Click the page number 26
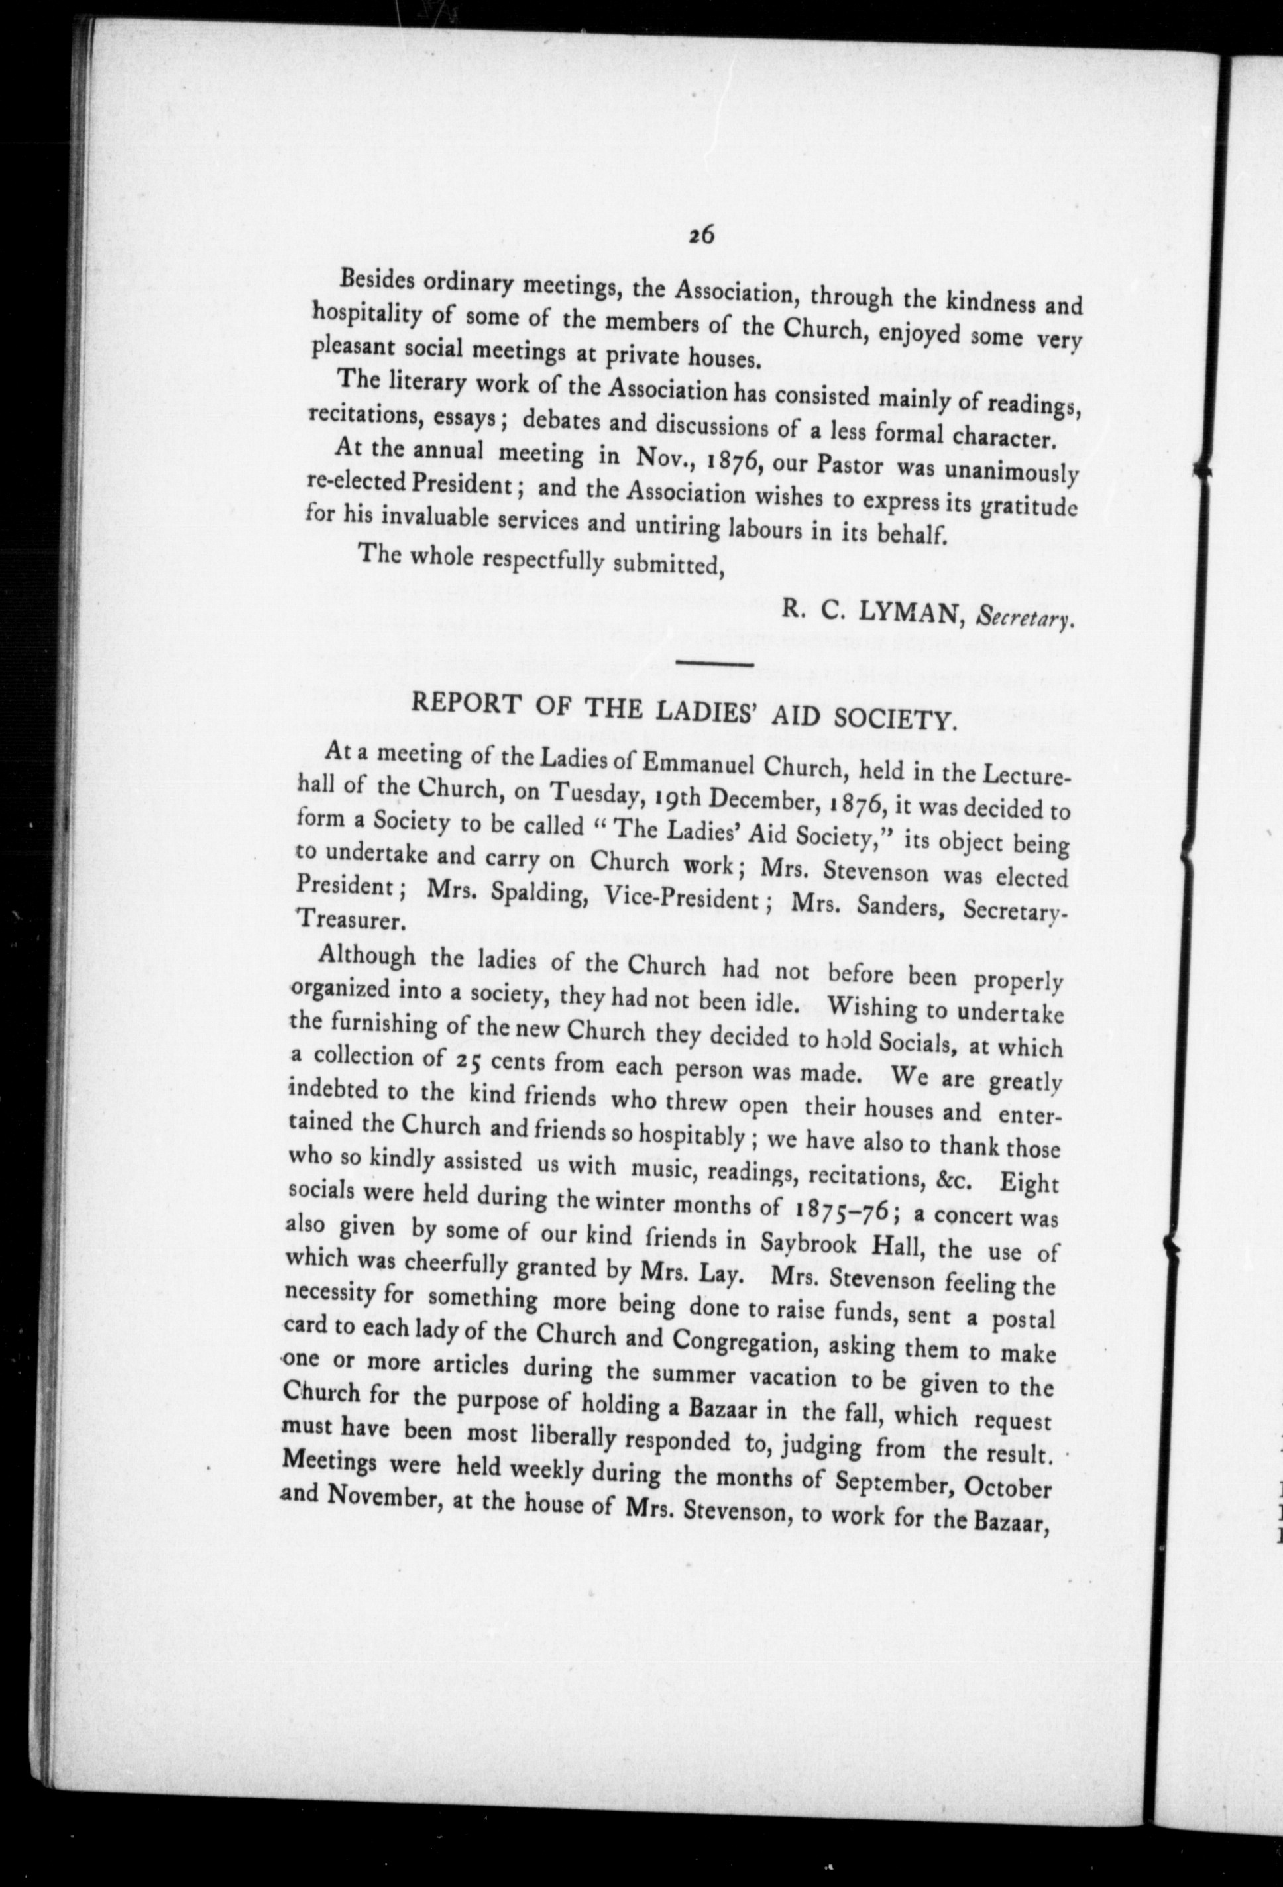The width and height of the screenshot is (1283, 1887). [x=700, y=235]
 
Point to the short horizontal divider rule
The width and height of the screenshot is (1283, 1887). [x=714, y=666]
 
